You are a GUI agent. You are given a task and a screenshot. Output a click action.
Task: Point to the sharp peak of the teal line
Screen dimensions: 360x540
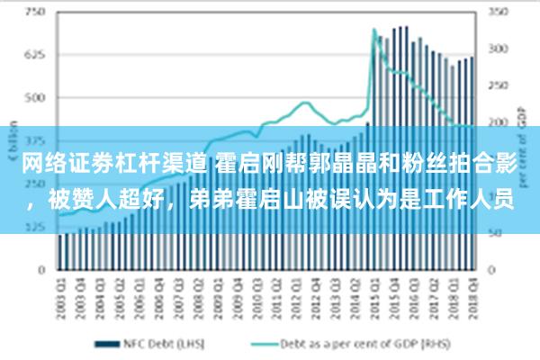tap(373, 30)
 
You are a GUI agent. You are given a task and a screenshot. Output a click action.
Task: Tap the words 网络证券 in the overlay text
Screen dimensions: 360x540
tap(59, 163)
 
